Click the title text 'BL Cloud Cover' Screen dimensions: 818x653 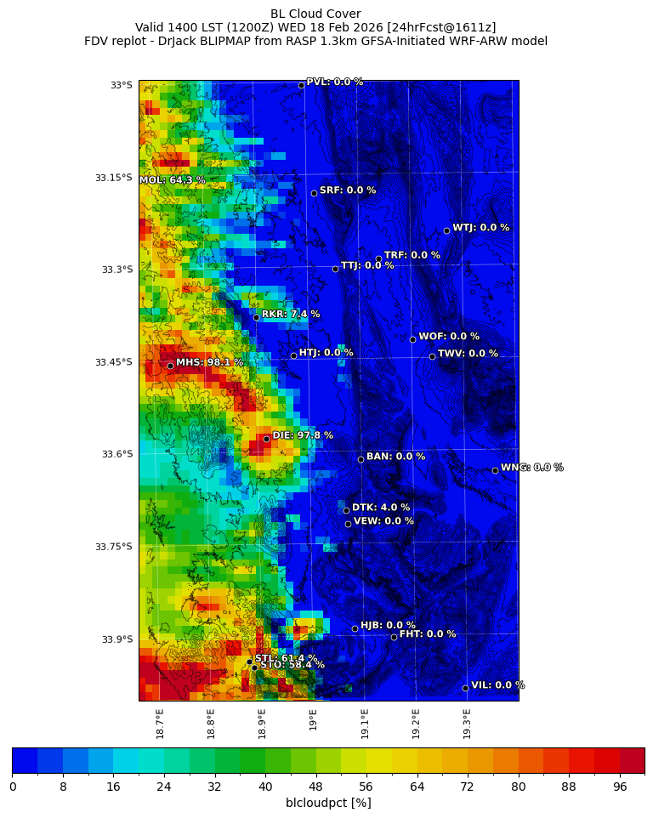pyautogui.click(x=315, y=14)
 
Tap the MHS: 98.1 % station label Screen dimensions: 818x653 pyautogui.click(x=209, y=362)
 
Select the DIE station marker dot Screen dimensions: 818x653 pyautogui.click(x=266, y=439)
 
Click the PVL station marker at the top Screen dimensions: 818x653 pyautogui.click(x=301, y=85)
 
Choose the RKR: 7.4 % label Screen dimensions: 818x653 pyautogui.click(x=291, y=314)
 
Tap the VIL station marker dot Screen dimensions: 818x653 pyautogui.click(x=465, y=688)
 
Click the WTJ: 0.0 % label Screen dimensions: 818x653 pyautogui.click(x=480, y=228)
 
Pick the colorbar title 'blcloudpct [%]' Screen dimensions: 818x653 pyautogui.click(x=328, y=803)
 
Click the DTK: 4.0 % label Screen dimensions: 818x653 pyautogui.click(x=381, y=508)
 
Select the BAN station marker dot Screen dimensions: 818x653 pyautogui.click(x=361, y=459)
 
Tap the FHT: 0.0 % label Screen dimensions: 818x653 pyautogui.click(x=428, y=633)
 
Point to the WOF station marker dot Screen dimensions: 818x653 pyautogui.click(x=412, y=339)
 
